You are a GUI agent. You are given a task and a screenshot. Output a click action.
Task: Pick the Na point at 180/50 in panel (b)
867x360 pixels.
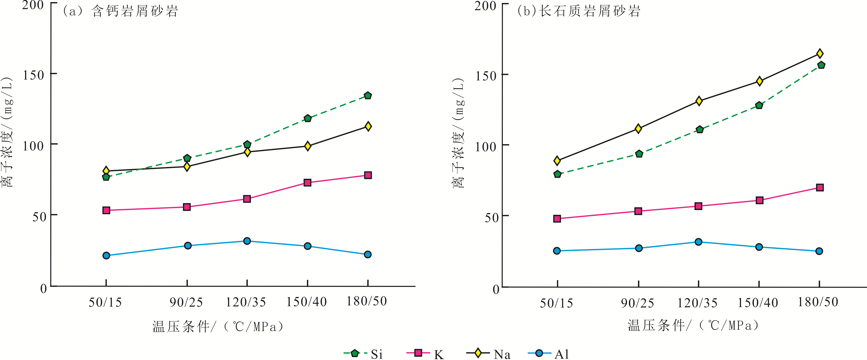click(x=820, y=54)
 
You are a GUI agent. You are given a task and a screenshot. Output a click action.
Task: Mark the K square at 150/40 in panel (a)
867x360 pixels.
click(x=307, y=183)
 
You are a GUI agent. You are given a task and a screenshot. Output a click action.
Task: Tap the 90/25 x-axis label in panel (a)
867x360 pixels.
click(x=186, y=302)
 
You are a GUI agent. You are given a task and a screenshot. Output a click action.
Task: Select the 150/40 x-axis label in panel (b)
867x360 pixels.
click(x=758, y=303)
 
